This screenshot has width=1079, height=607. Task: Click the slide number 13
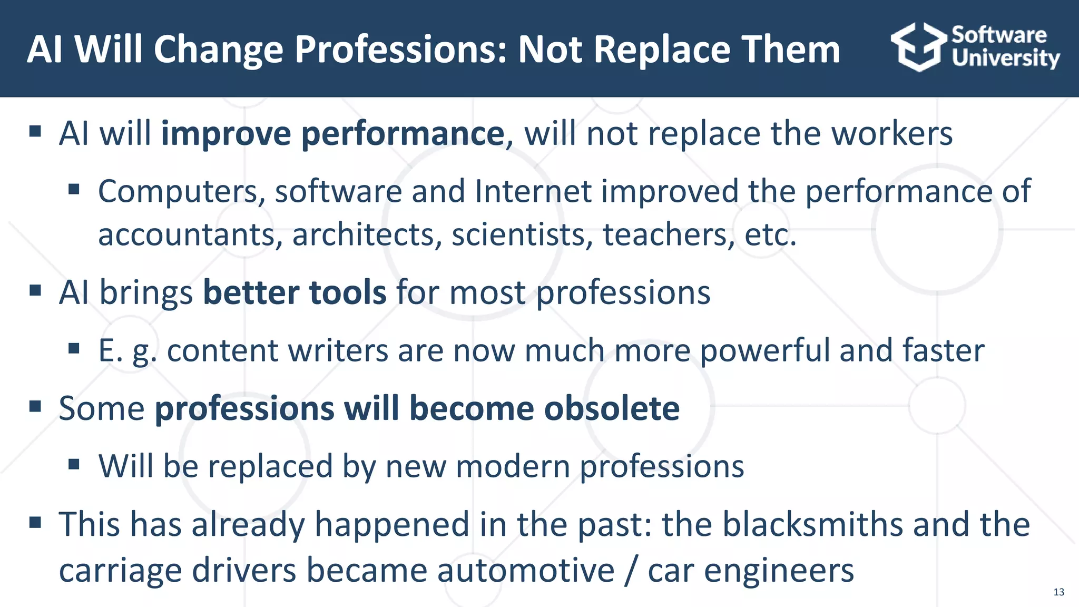1058,592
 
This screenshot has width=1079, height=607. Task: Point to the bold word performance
403,134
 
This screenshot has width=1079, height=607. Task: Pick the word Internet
533,191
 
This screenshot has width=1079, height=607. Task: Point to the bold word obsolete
612,409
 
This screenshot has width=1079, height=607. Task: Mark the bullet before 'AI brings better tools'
35,291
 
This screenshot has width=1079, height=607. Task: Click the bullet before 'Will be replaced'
74,465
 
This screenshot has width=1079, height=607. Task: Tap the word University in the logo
1005,58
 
